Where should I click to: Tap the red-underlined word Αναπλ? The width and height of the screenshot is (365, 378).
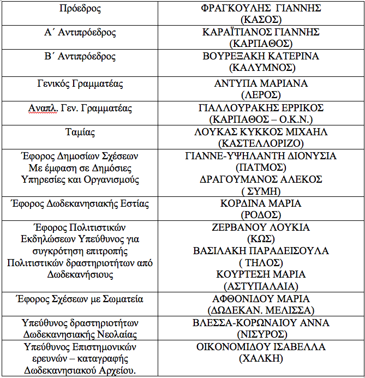tap(41, 108)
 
